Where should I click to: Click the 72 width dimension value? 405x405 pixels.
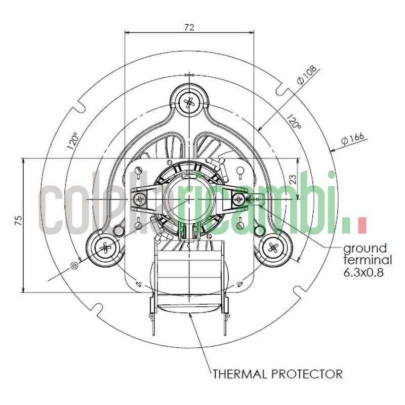pyautogui.click(x=189, y=27)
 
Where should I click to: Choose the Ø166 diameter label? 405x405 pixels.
pyautogui.click(x=352, y=138)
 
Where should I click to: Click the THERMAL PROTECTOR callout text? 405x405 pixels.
pyautogui.click(x=277, y=374)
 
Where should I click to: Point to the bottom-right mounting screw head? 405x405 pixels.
pyautogui.click(x=273, y=248)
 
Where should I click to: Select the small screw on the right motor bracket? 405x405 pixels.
pyautogui.click(x=238, y=199)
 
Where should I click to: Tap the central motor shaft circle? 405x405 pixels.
pyautogui.click(x=189, y=199)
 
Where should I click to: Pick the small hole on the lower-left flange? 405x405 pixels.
pyautogui.click(x=75, y=264)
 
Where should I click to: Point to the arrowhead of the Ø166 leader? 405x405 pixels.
pyautogui.click(x=331, y=150)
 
